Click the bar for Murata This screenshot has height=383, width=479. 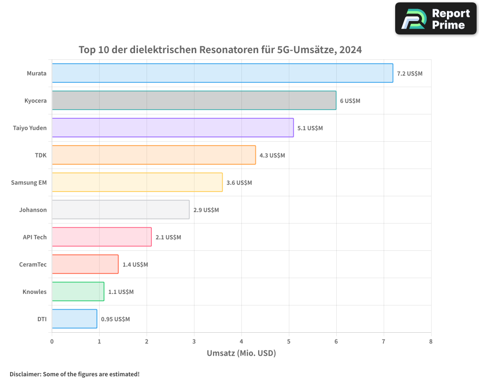coord(222,73)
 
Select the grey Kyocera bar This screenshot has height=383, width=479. coord(194,101)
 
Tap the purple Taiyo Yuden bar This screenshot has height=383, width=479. coord(172,128)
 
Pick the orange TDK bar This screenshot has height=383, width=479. coord(154,155)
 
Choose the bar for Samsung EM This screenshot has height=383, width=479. coord(137,182)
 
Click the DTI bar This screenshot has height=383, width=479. coord(74,319)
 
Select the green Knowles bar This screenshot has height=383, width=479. coord(78,292)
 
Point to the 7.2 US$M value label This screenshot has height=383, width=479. coord(410,74)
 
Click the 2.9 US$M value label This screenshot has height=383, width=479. coord(206,210)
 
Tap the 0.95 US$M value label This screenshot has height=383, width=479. coord(115,319)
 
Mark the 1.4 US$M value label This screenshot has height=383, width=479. coord(135,265)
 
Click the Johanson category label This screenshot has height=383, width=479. coord(33,210)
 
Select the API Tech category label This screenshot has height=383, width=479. coord(35,237)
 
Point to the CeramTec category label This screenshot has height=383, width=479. coord(33,265)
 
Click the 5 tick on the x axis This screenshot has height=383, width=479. coord(289,342)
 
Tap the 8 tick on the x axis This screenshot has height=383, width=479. coord(431,342)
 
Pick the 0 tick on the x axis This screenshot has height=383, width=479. coord(52,342)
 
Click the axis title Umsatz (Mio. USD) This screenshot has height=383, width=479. coord(241,354)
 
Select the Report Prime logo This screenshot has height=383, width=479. coord(435,19)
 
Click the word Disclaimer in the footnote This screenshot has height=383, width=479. coord(25,374)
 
